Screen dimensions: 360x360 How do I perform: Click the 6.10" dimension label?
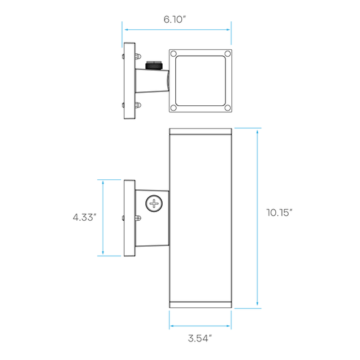tap(175, 19)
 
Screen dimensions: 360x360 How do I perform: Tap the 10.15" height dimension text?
tap(279, 213)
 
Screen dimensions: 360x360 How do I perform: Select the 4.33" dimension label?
tap(85, 217)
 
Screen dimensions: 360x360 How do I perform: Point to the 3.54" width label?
tap(200, 339)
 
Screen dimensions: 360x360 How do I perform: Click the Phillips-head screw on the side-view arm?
tap(154, 203)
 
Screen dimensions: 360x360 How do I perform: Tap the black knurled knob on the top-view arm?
tap(154, 65)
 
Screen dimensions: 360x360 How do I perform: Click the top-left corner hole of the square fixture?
tap(173, 54)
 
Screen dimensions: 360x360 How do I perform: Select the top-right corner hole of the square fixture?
tap(227, 54)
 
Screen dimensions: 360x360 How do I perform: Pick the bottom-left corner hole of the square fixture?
tap(173, 107)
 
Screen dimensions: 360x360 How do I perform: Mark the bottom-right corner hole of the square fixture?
tap(227, 107)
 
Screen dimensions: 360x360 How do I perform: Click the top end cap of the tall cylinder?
tap(201, 131)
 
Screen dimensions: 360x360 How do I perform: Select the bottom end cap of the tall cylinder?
tap(201, 305)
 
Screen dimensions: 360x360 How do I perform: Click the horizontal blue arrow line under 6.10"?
tap(177, 29)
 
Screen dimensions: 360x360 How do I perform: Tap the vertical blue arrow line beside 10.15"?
tap(257, 218)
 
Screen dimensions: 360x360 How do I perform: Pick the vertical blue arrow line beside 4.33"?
tap(103, 217)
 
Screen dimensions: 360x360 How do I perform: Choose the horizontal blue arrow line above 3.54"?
tap(200, 326)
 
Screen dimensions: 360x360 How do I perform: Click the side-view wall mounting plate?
tap(129, 218)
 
